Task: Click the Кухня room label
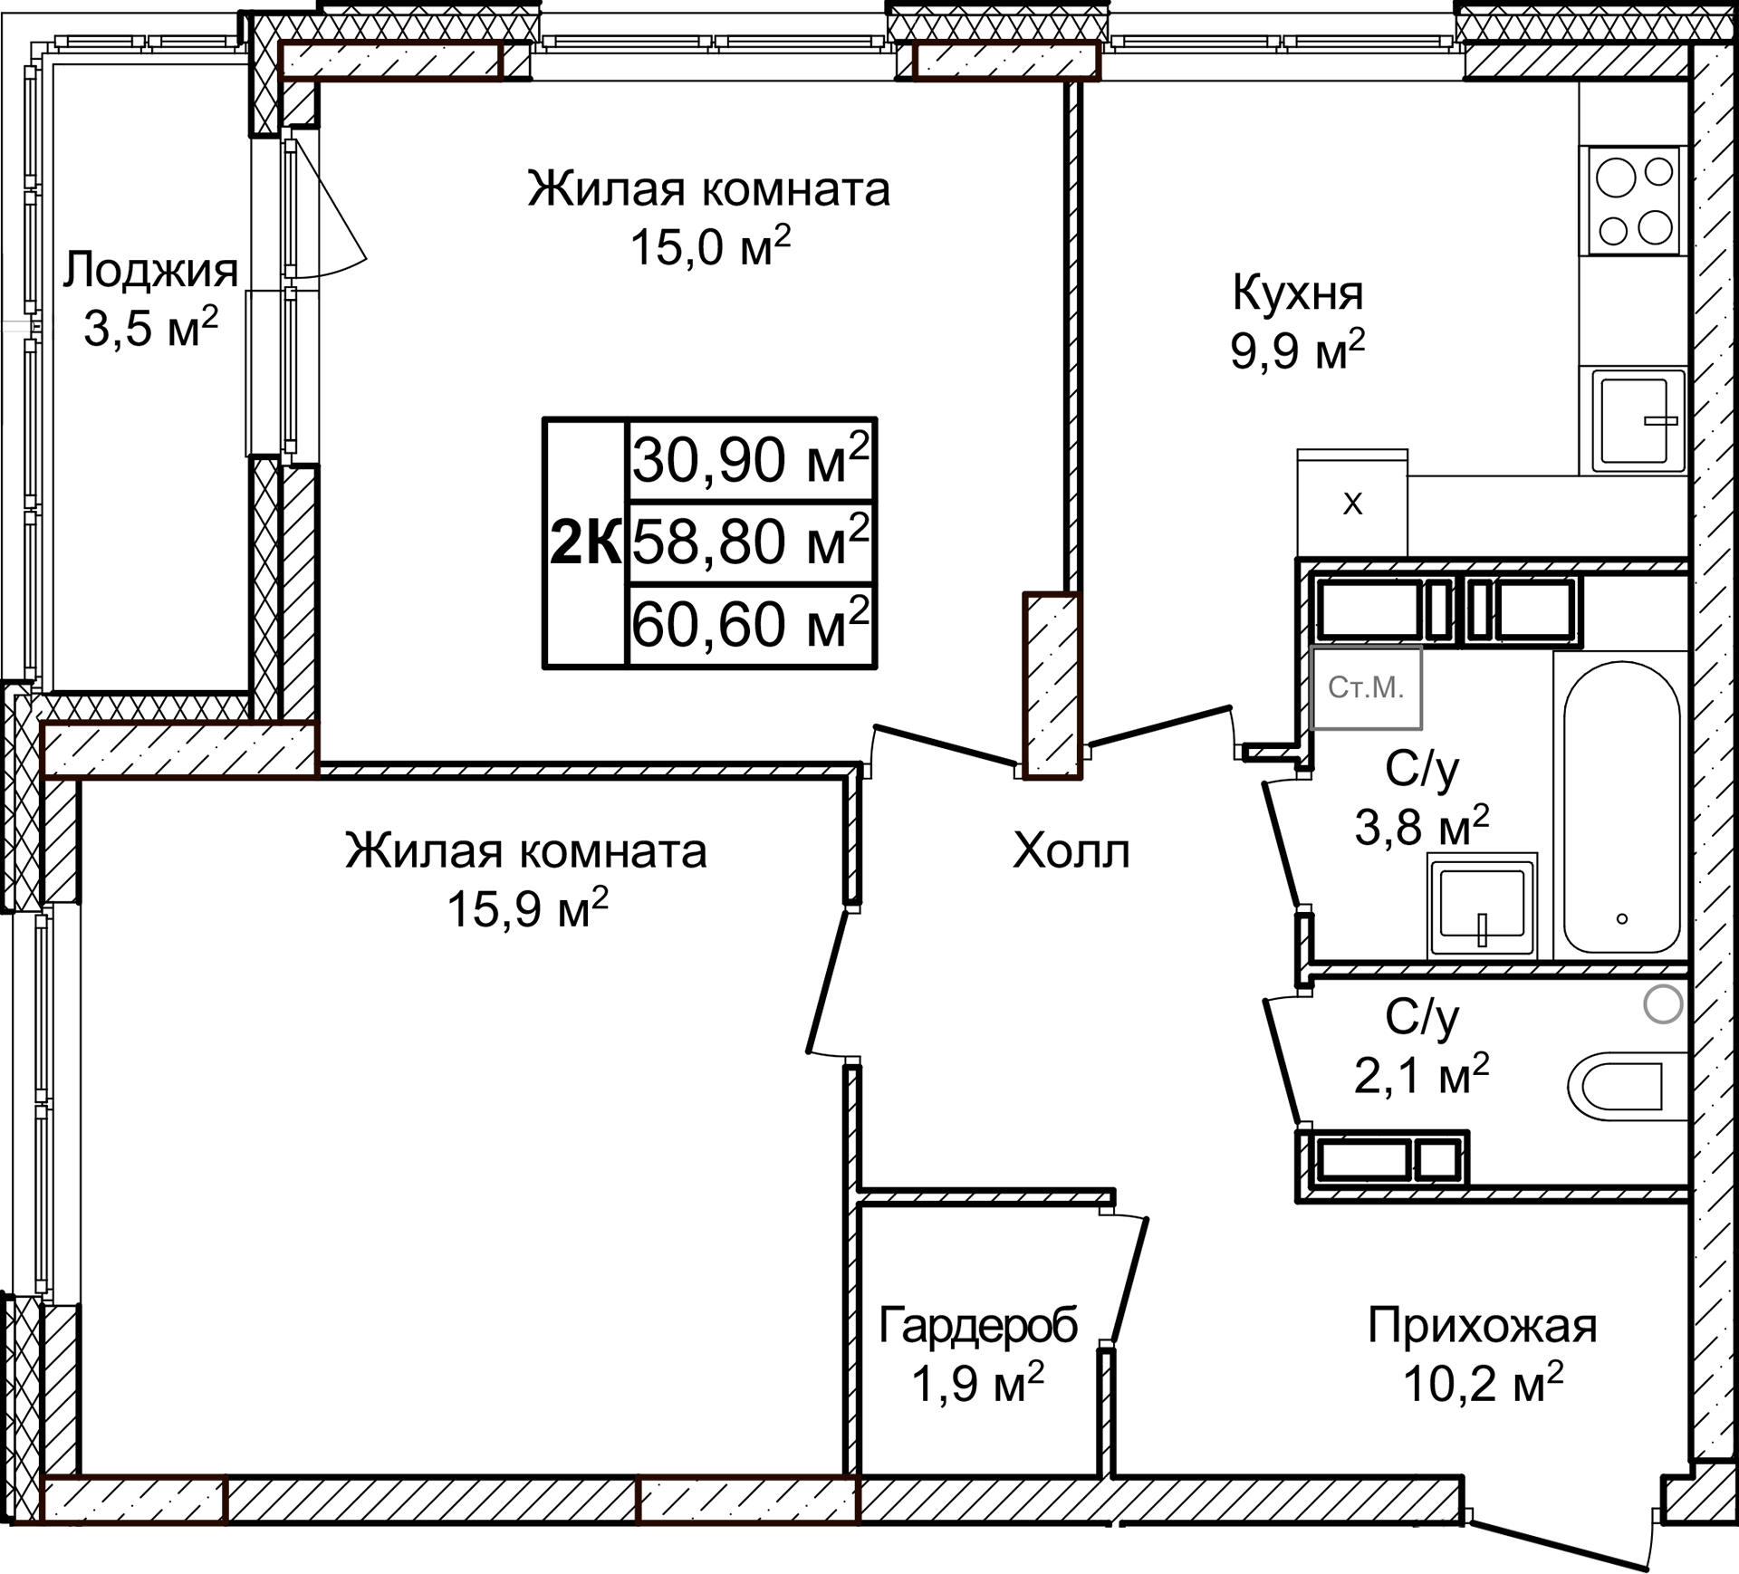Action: [1297, 293]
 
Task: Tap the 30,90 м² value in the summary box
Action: [750, 460]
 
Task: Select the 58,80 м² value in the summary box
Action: [750, 542]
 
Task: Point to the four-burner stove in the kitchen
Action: [1633, 201]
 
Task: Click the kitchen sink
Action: [1633, 420]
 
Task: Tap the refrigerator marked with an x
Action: [1351, 504]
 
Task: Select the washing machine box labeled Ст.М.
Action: [1366, 688]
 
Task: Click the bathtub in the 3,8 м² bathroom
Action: [1621, 806]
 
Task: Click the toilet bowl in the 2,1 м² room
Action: [1626, 1085]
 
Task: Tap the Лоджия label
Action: [149, 270]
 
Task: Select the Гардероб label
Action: [978, 1326]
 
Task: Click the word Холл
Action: [1071, 851]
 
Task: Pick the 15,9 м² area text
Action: [527, 909]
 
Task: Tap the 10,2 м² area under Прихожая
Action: [1483, 1384]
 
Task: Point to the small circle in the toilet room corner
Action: [1663, 1004]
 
